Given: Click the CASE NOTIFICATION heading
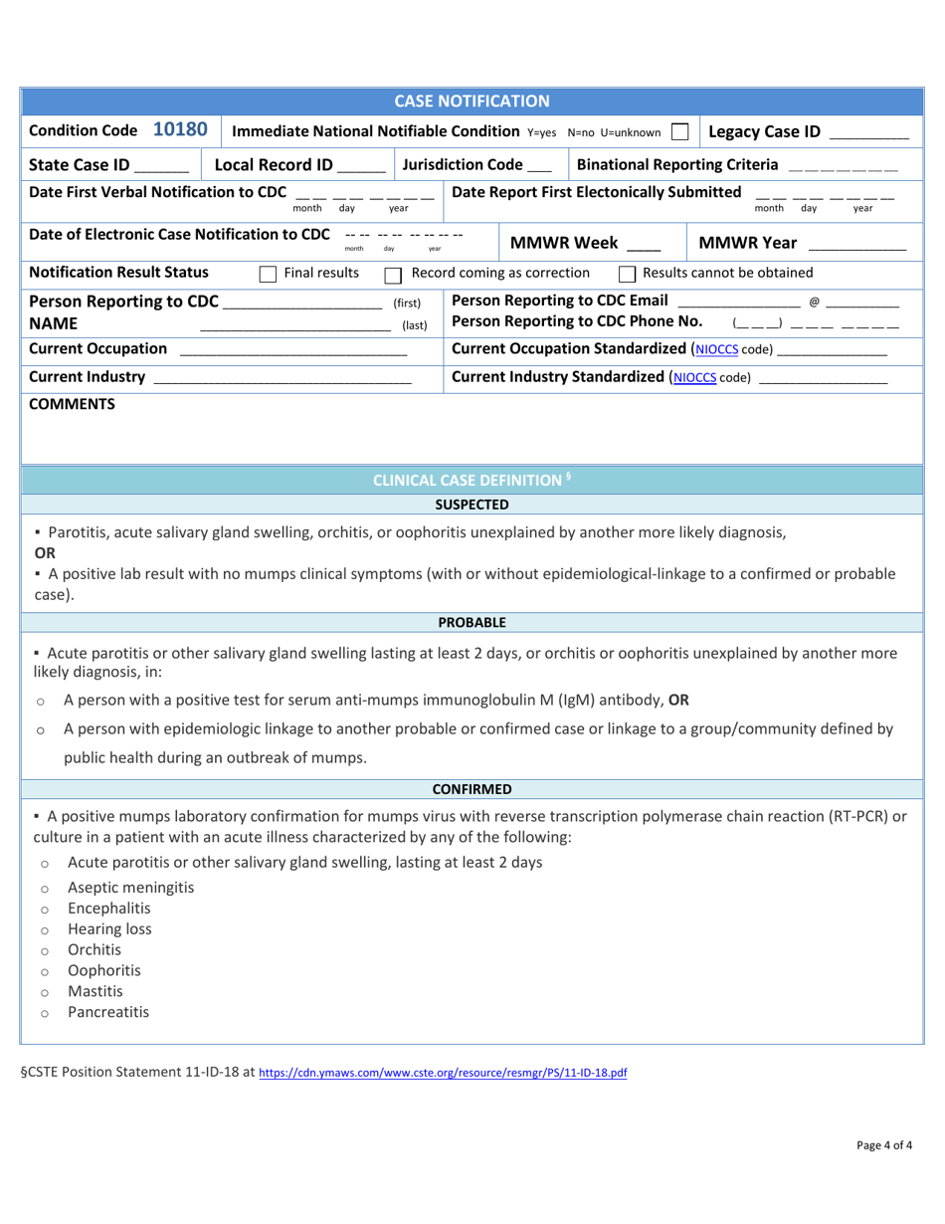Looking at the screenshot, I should (472, 101).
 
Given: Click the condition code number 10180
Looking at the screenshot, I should (180, 130).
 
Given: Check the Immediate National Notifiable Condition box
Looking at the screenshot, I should (681, 131).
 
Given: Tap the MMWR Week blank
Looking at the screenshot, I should (644, 245).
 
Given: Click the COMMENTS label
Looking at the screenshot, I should (72, 404).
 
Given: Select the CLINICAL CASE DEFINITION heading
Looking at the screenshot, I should (472, 481).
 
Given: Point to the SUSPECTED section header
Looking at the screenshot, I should (472, 505).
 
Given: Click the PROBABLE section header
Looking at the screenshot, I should (472, 622).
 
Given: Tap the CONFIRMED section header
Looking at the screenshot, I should (472, 789).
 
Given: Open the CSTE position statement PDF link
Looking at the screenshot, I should (443, 1074).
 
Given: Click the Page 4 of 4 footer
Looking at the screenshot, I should (884, 1145).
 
